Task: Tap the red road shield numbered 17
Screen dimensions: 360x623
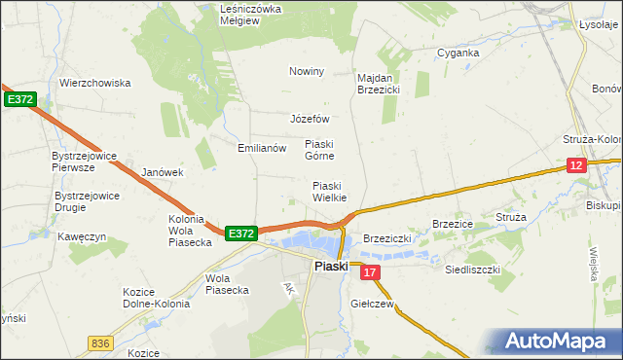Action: [x=369, y=274]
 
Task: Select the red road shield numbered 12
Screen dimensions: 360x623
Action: [x=576, y=166]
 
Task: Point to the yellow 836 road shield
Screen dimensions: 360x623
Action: [x=99, y=342]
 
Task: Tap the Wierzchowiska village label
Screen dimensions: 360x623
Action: [x=94, y=83]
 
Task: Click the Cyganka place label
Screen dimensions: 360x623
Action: [x=458, y=53]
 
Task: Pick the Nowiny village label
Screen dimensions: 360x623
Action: [x=306, y=71]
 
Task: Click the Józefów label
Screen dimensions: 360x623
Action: [x=311, y=119]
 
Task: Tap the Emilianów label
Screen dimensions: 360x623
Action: [x=262, y=149]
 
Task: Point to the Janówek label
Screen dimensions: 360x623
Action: [x=163, y=172]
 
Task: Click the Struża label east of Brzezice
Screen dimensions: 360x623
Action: [x=510, y=217]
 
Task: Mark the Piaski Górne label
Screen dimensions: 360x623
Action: [x=319, y=149]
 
